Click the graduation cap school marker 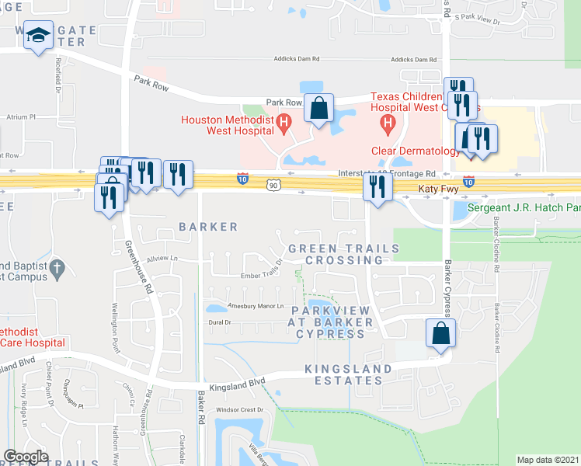click(38, 36)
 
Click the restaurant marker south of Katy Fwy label click(377, 188)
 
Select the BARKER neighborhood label click(208, 227)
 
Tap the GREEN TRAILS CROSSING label click(343, 254)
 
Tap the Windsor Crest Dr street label click(240, 409)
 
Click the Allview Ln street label click(162, 258)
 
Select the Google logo click(25, 457)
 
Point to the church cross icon click(57, 270)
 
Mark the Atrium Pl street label click(21, 116)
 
